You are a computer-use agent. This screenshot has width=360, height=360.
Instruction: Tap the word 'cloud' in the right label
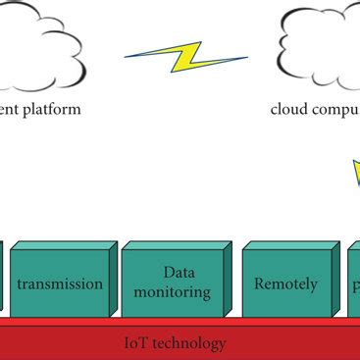click(x=290, y=109)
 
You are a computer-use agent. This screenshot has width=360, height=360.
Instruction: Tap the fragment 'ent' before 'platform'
click(x=11, y=109)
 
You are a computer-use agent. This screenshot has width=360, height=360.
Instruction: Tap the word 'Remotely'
click(x=285, y=284)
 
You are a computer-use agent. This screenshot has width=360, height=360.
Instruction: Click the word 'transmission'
click(x=61, y=284)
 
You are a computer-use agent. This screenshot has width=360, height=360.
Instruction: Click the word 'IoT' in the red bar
click(x=135, y=343)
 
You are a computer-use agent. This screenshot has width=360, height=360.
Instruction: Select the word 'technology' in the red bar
click(x=189, y=344)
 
